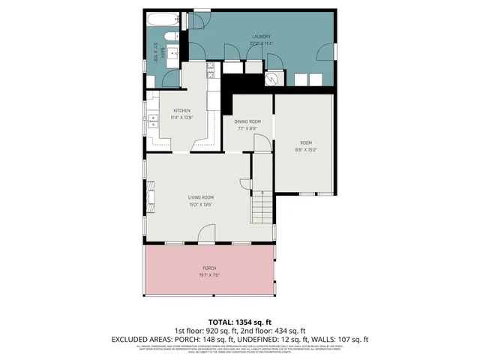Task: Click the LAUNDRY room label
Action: click(x=260, y=37)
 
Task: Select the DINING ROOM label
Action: click(x=247, y=121)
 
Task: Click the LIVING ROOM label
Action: click(x=201, y=197)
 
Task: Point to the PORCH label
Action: click(x=208, y=268)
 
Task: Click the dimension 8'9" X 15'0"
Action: click(x=305, y=149)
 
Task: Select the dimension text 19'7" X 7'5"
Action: click(x=208, y=275)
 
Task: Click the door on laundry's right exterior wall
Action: click(x=328, y=52)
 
